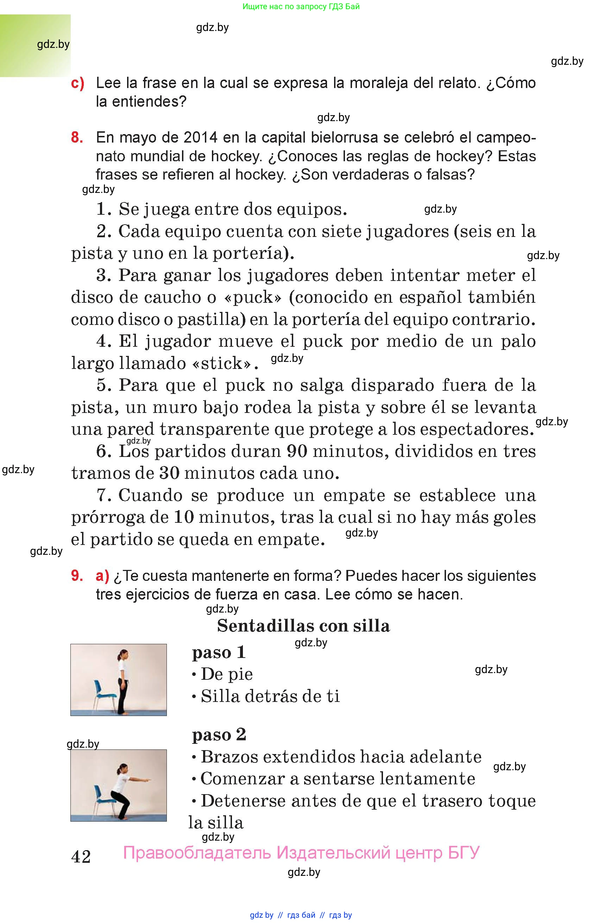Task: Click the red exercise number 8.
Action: click(77, 138)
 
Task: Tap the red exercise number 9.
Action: click(77, 576)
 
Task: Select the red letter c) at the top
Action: click(77, 83)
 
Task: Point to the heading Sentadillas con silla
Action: click(303, 626)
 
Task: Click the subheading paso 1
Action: click(219, 652)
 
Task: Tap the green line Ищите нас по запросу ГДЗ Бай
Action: click(301, 7)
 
